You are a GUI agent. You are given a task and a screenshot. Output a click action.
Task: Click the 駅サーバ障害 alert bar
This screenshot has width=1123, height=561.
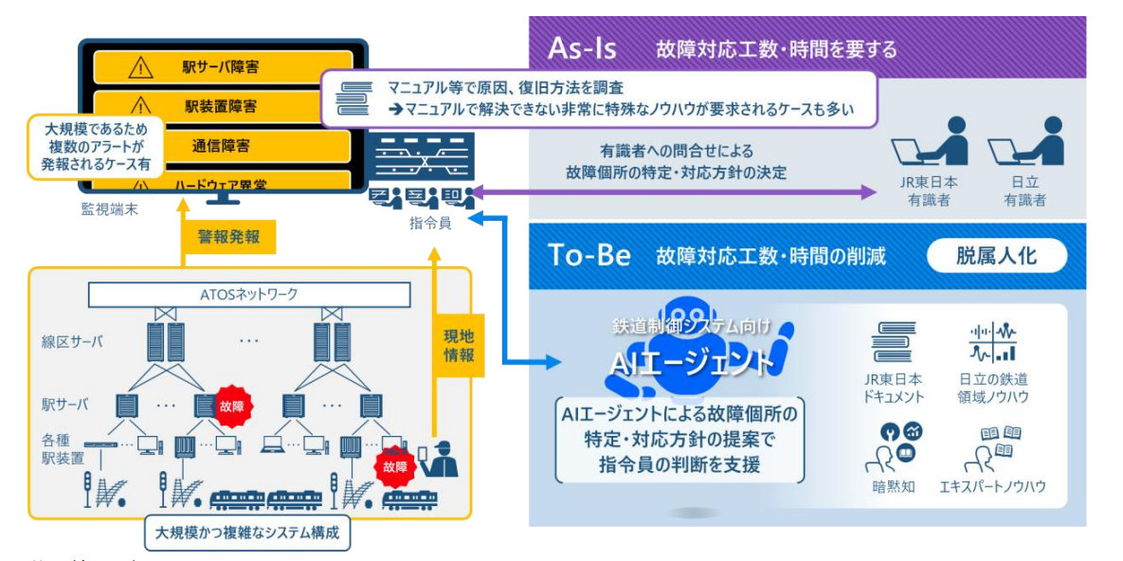223,68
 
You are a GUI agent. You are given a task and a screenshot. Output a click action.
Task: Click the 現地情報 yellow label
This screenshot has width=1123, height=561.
459,345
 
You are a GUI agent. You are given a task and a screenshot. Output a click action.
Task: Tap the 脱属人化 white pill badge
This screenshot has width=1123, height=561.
996,256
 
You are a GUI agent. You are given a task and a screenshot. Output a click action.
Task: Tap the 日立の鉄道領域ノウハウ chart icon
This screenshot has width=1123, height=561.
992,343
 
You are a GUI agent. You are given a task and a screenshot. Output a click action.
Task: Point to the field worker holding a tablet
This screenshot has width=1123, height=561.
439,457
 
